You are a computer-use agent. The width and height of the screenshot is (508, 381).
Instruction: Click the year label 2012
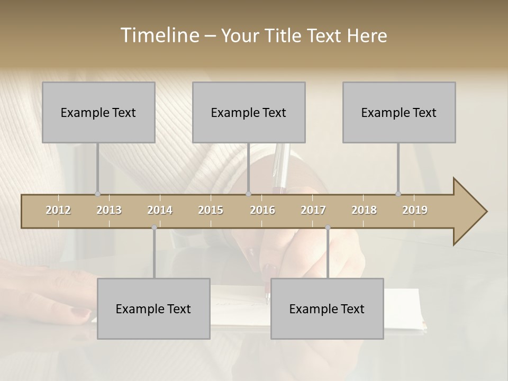58,210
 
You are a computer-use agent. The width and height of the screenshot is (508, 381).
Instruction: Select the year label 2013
109,210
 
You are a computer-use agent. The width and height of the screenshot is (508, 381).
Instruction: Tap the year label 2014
160,210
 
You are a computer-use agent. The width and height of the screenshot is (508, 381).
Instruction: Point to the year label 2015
211,210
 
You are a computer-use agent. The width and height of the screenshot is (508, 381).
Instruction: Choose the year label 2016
262,210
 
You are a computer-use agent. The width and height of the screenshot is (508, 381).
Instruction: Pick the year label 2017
313,210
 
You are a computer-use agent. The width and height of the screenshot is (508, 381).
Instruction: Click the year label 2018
364,210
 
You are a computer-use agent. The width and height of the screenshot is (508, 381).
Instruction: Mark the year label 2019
415,210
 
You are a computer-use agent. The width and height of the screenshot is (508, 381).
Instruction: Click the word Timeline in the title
159,35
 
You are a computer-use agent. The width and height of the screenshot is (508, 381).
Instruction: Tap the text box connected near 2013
98,112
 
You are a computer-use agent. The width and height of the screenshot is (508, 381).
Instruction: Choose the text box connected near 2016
249,112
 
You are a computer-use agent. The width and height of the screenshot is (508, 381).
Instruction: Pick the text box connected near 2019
399,112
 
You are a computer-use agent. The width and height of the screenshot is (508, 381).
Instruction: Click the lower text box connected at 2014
153,309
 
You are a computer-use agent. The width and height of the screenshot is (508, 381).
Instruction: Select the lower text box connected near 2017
327,309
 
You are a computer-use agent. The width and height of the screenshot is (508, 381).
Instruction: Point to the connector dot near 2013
97,194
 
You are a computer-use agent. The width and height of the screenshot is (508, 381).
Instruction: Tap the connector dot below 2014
154,228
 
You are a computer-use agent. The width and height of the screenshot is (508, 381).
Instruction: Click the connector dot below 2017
328,228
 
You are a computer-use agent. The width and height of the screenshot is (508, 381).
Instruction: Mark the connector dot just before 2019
398,194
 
